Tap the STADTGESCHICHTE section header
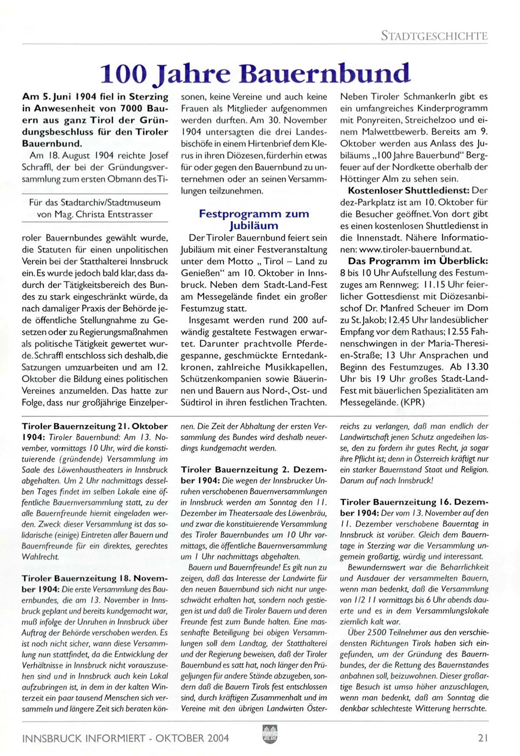coord(434,36)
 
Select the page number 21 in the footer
coord(483,738)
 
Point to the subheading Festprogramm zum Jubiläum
coord(254,219)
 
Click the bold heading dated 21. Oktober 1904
coord(94,432)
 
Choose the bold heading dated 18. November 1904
coord(94,584)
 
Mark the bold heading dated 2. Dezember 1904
coord(254,475)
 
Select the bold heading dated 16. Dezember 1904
coord(414,507)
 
